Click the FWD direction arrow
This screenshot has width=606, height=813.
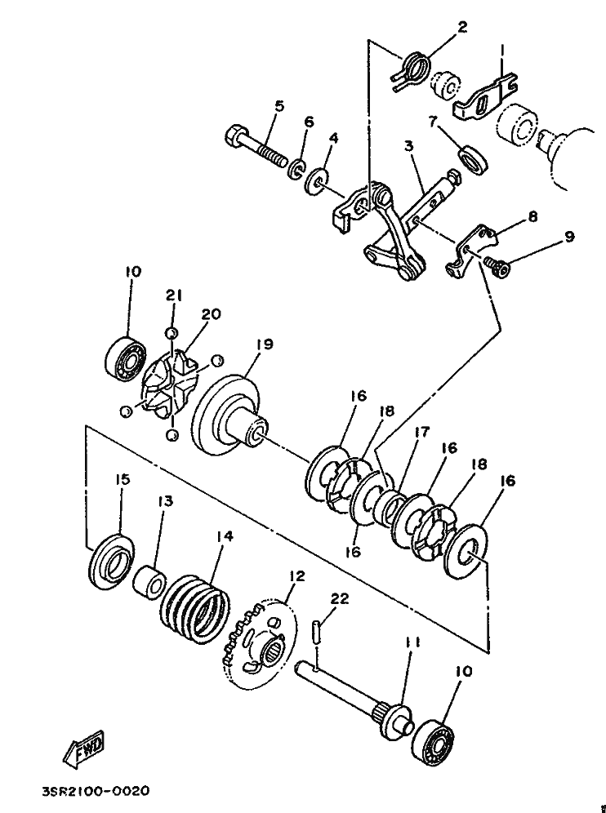click(x=83, y=750)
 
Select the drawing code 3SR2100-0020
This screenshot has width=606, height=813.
click(x=96, y=791)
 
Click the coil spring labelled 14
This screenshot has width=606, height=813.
click(x=195, y=602)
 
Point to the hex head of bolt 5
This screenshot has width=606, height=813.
click(x=234, y=135)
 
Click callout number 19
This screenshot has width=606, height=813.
click(x=265, y=344)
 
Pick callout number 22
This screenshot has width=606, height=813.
click(x=339, y=599)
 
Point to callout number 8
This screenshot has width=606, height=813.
click(x=532, y=215)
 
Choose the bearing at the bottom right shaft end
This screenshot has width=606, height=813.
click(x=433, y=742)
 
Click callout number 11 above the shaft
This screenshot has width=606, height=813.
click(x=412, y=642)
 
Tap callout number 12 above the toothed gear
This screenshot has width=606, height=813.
click(x=297, y=576)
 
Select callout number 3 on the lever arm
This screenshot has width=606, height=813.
click(x=409, y=146)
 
